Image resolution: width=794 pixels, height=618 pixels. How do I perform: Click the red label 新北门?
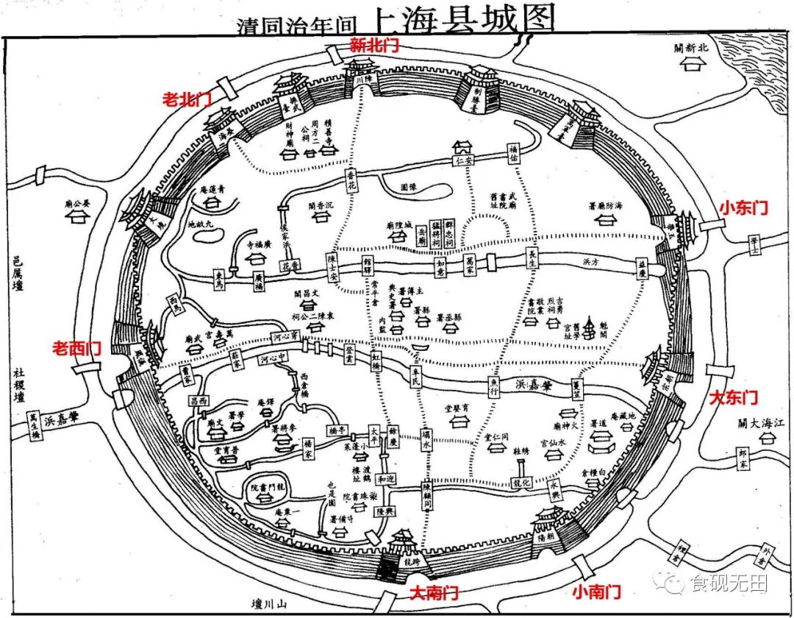[374, 45]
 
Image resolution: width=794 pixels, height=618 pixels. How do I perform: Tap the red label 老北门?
[187, 100]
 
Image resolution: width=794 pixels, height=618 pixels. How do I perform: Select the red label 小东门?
[743, 208]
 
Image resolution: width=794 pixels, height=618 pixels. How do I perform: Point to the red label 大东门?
[733, 398]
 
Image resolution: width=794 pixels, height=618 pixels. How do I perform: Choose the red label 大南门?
[433, 592]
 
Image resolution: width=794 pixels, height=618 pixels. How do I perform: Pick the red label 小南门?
[596, 591]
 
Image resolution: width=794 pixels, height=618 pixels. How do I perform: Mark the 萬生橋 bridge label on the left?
[34, 425]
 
